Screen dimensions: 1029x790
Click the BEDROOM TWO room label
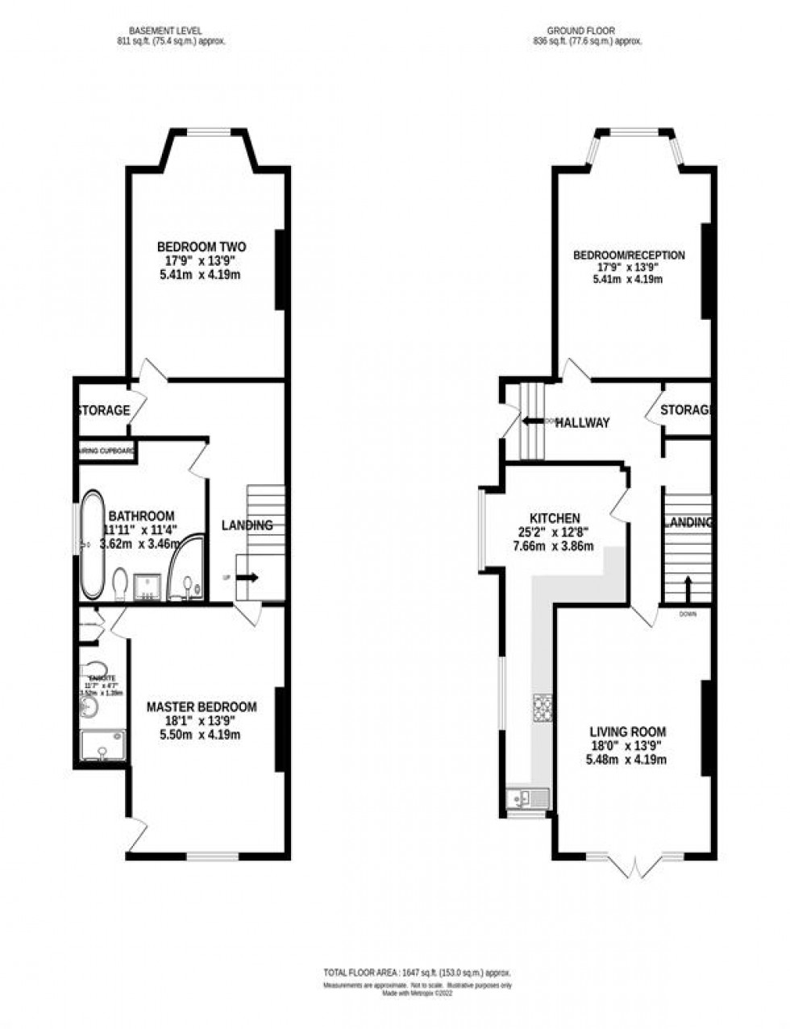click(202, 247)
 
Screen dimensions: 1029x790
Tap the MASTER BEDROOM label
click(202, 707)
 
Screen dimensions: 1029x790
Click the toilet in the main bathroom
click(121, 583)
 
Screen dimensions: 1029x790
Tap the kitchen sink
click(521, 798)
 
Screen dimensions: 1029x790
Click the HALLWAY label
click(581, 422)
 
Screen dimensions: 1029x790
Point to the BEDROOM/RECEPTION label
click(629, 255)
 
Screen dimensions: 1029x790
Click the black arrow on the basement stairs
click(247, 577)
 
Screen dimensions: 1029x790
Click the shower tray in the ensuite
click(104, 745)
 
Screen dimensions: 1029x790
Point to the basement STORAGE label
click(103, 410)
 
